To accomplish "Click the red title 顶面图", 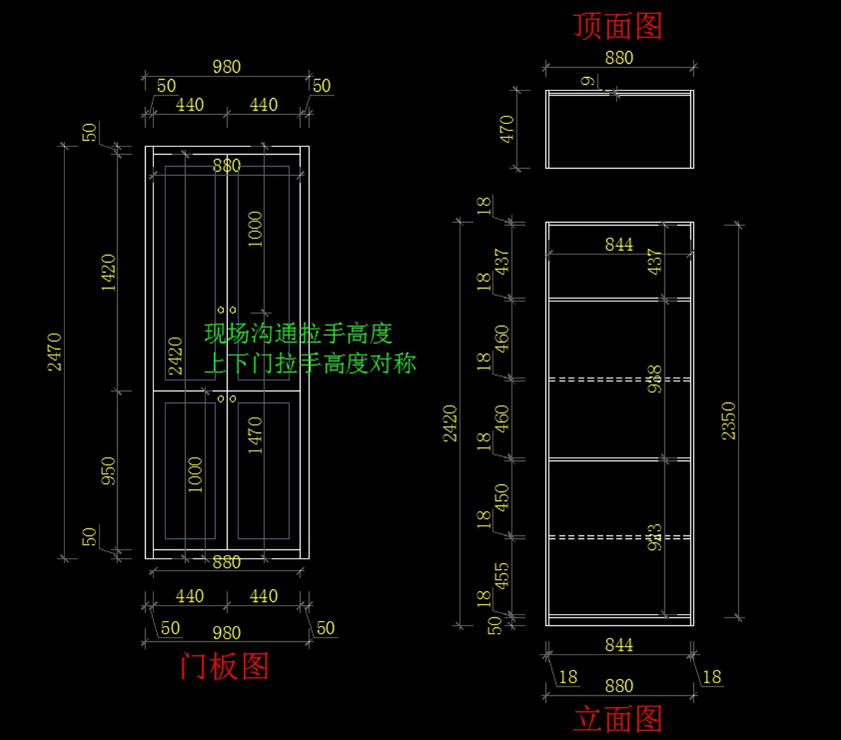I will click(x=617, y=27).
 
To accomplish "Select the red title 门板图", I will click(x=224, y=666).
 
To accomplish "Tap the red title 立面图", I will click(x=617, y=720).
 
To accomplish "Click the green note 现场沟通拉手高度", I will click(x=298, y=334).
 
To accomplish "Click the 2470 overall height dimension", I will click(x=55, y=352).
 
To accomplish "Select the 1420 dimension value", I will click(x=109, y=273).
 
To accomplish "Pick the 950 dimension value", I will click(x=109, y=472).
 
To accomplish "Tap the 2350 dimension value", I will click(x=729, y=420).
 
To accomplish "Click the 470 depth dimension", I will click(x=506, y=129).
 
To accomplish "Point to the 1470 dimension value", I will click(x=255, y=435).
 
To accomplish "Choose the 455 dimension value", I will click(x=502, y=577).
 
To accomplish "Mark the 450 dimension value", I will click(x=502, y=498).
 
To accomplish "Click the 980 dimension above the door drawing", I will click(x=226, y=67).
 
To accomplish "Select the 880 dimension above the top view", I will click(x=619, y=57).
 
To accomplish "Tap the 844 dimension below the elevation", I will click(x=619, y=645).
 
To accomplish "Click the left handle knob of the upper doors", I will click(x=221, y=310).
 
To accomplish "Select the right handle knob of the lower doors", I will click(x=233, y=399).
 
